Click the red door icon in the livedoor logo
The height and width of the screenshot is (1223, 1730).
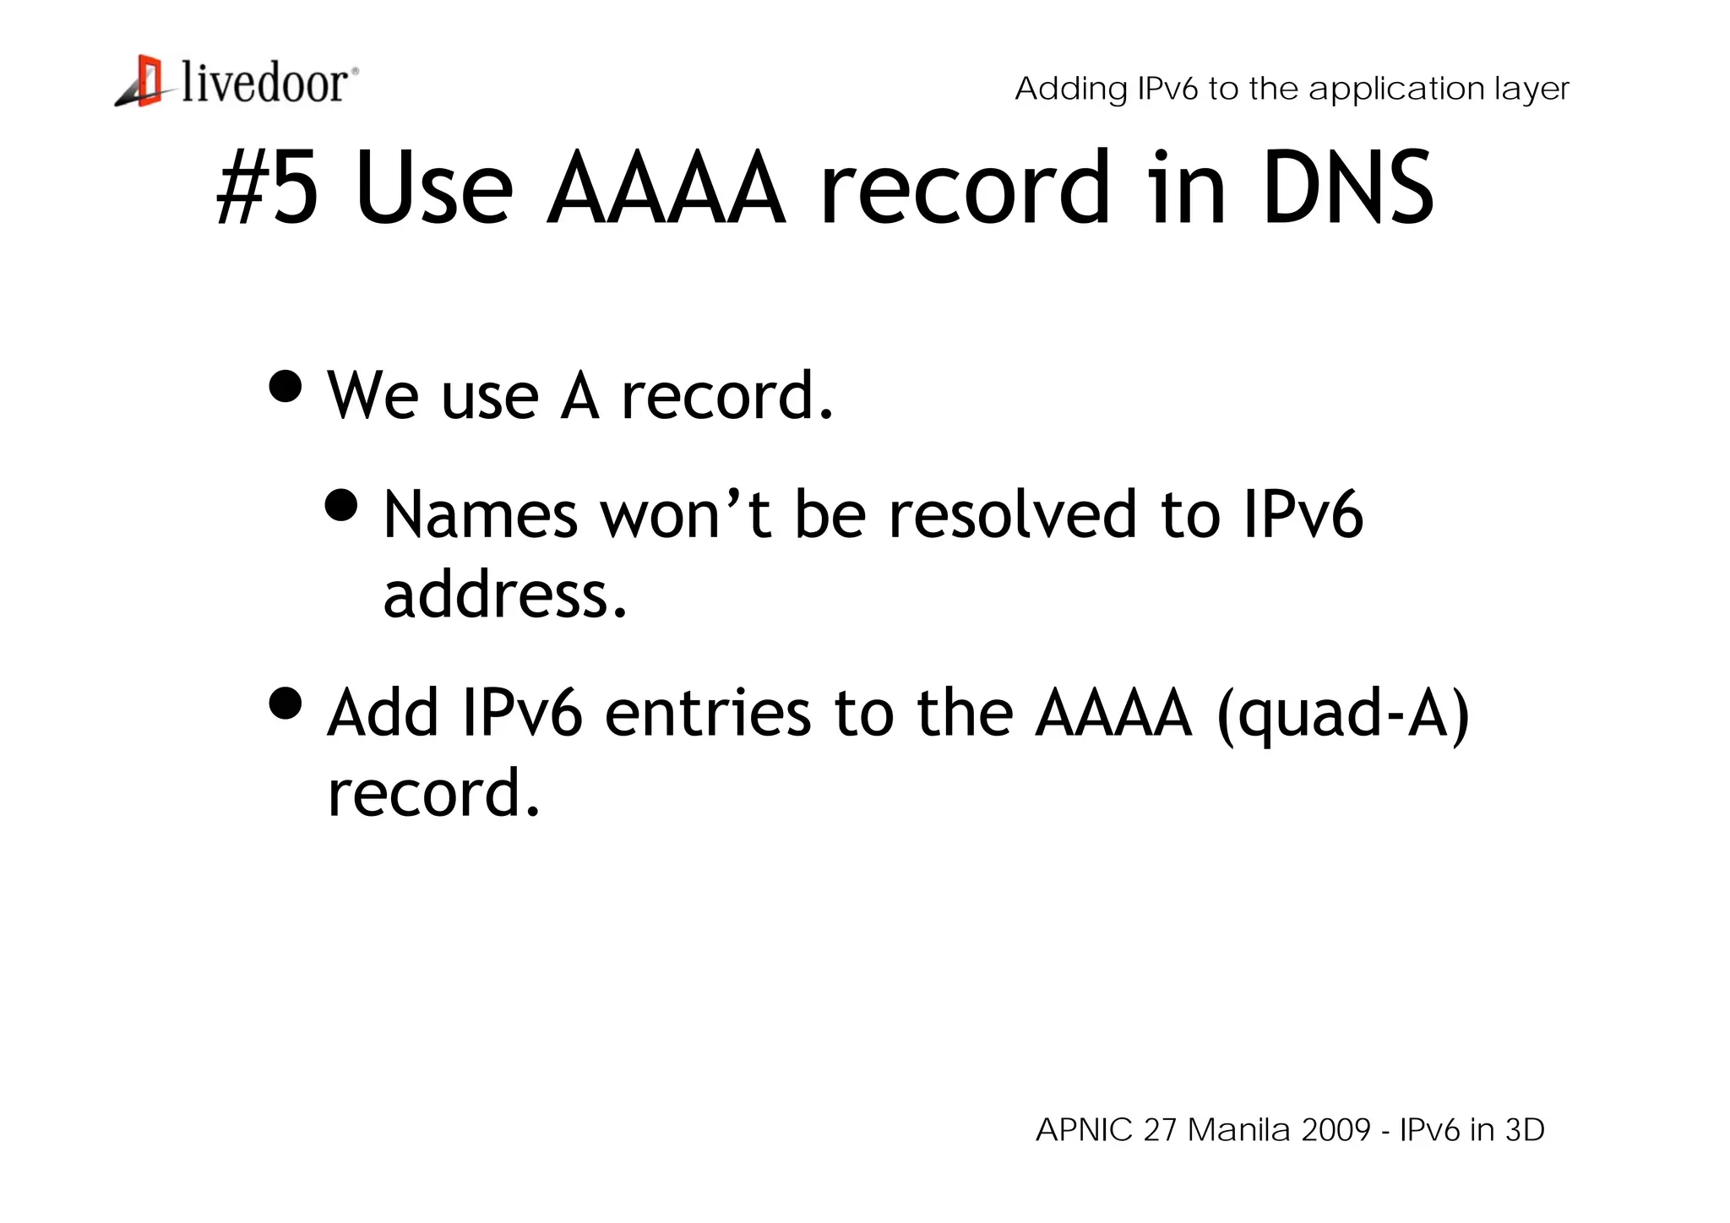pyautogui.click(x=149, y=81)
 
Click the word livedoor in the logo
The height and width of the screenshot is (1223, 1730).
pyautogui.click(x=264, y=84)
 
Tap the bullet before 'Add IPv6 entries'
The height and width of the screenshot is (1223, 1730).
pyautogui.click(x=286, y=703)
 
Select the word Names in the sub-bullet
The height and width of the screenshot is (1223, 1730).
pyautogui.click(x=481, y=514)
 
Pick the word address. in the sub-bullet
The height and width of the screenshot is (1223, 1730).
pyautogui.click(x=505, y=595)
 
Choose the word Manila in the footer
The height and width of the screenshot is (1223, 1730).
pyautogui.click(x=1239, y=1130)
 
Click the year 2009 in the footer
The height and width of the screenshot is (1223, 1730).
pyautogui.click(x=1336, y=1130)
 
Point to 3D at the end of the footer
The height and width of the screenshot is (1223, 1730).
pyautogui.click(x=1525, y=1130)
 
